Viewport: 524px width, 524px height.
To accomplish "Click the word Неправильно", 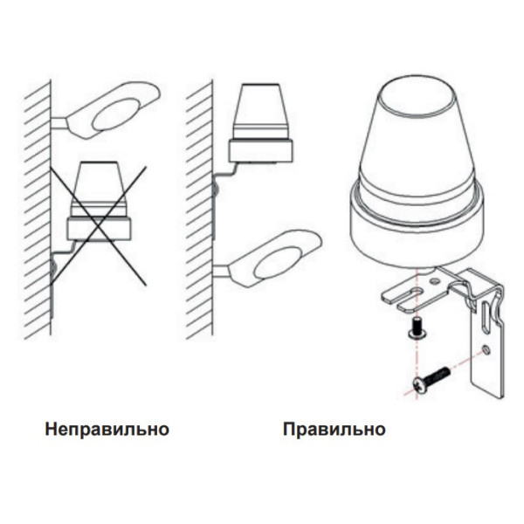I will [x=107, y=430].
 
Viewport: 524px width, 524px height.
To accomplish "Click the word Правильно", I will [x=334, y=430].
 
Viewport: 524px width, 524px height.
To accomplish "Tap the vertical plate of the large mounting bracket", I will [x=489, y=349].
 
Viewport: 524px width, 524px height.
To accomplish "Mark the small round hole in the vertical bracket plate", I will [x=484, y=351].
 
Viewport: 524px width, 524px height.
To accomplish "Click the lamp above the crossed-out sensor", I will [x=114, y=109].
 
